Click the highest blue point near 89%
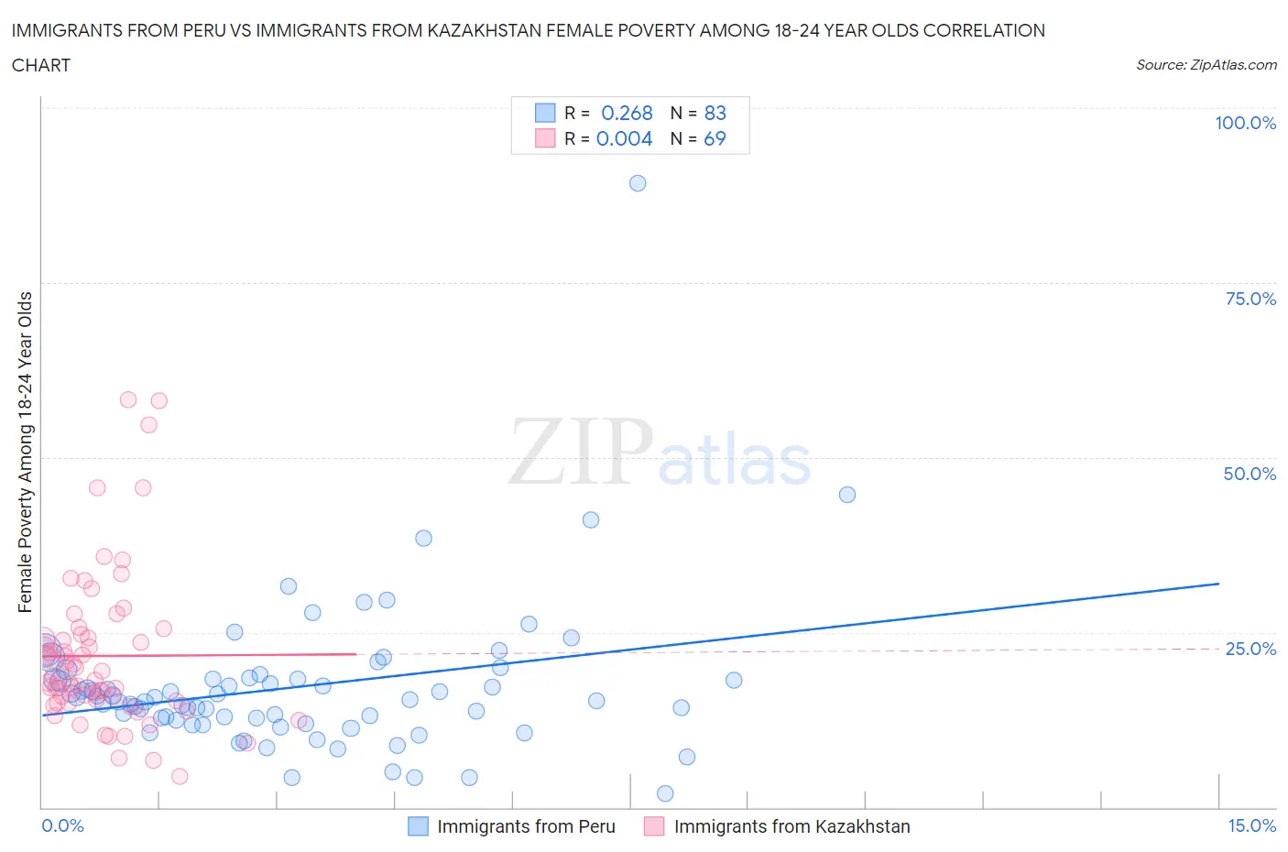tap(638, 183)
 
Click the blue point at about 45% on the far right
tap(847, 495)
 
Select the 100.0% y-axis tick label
tap(1245, 123)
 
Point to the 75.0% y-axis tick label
tap(1250, 299)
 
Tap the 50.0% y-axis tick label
tap(1250, 474)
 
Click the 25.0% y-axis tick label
tap(1250, 649)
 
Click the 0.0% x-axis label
tap(62, 825)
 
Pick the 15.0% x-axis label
tap(1251, 825)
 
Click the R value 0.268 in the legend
tap(627, 113)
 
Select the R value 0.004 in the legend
tap(624, 138)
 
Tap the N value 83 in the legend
tap(715, 113)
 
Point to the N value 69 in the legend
tap(715, 138)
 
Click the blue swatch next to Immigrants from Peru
tap(418, 826)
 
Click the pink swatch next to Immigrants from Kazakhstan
tap(654, 826)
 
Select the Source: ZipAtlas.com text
tap(1206, 64)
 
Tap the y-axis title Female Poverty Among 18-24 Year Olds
tap(25, 452)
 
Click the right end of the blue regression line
tap(1218, 584)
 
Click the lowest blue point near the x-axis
tap(665, 793)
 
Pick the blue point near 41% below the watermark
tap(591, 519)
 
